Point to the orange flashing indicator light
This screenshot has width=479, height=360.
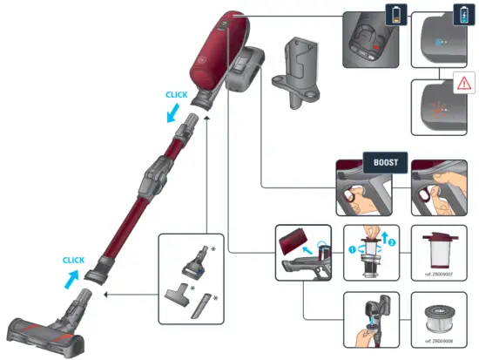coord(438,112)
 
